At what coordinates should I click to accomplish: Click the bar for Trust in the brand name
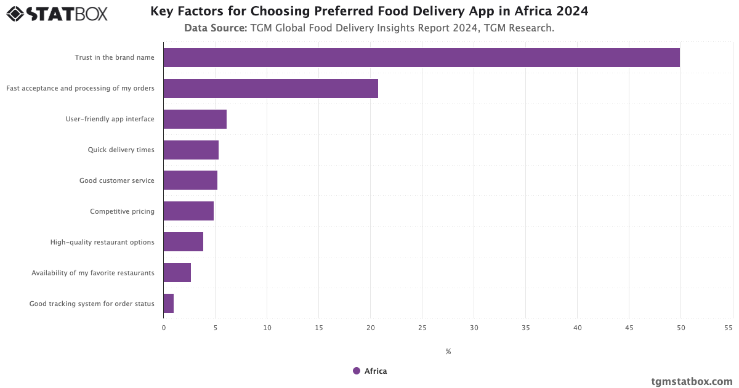[421, 57]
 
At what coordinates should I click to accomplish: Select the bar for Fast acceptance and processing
[270, 88]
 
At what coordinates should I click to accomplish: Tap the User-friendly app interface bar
[195, 119]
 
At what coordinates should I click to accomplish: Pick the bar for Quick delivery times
[191, 150]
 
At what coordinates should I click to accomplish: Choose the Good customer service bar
[190, 180]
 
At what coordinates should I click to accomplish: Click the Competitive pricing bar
[188, 211]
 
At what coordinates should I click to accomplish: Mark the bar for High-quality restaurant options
[183, 242]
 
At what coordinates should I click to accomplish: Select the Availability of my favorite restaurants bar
[177, 273]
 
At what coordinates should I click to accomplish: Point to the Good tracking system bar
[168, 304]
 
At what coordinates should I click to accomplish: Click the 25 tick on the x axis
[422, 328]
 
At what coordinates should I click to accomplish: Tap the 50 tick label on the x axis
[680, 328]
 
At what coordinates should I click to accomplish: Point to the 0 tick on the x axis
[164, 328]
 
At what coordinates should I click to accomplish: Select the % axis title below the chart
[448, 352]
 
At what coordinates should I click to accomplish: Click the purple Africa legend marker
[357, 371]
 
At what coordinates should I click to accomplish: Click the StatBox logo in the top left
[57, 14]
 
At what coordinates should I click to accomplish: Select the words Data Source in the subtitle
[216, 28]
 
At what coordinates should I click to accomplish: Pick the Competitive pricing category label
[122, 211]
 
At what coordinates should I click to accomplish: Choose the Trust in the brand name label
[115, 57]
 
